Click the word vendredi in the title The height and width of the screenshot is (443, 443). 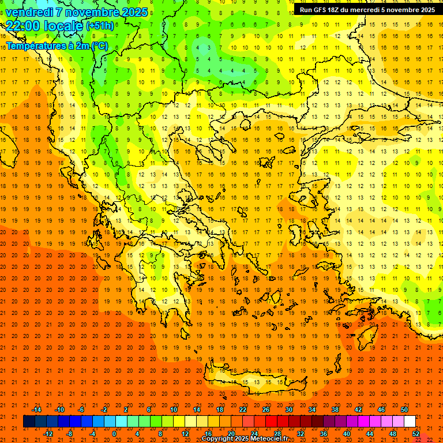coord(29,12)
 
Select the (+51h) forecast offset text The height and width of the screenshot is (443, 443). coord(100,26)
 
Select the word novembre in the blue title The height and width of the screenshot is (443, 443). coord(92,12)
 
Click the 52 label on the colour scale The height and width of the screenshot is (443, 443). coord(416,434)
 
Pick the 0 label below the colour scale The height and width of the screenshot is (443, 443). coord(114,434)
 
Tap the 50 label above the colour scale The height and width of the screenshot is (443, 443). coord(404,410)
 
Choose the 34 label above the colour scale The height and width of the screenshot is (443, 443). coord(312,410)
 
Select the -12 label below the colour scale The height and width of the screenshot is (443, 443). coord(48,434)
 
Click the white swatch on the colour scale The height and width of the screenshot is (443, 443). coord(410,422)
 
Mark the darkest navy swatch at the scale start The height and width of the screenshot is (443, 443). coord(29,422)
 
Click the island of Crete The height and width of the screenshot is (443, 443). coord(254,382)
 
